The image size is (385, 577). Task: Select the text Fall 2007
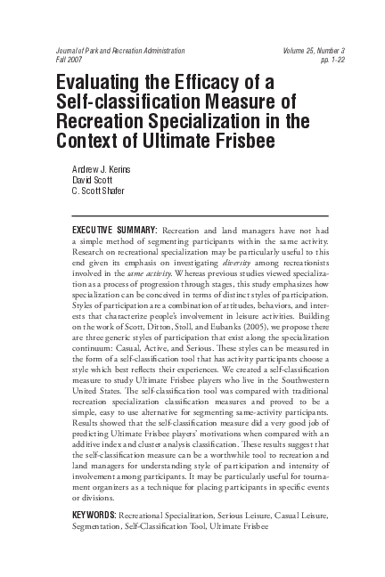69,61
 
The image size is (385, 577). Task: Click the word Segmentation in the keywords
100,526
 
